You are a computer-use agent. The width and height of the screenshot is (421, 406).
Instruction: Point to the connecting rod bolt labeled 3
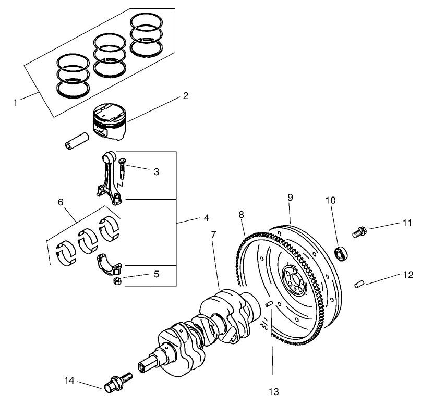point(122,168)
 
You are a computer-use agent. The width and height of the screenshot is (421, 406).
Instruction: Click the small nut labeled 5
point(118,282)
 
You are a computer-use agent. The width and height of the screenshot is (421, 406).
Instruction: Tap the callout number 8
point(242,214)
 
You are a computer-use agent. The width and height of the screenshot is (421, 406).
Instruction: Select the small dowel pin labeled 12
point(358,284)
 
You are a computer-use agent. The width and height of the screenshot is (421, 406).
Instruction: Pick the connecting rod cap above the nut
point(110,264)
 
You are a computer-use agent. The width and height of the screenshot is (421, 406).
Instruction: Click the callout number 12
point(407,275)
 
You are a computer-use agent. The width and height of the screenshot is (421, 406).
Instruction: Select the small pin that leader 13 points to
point(270,304)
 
